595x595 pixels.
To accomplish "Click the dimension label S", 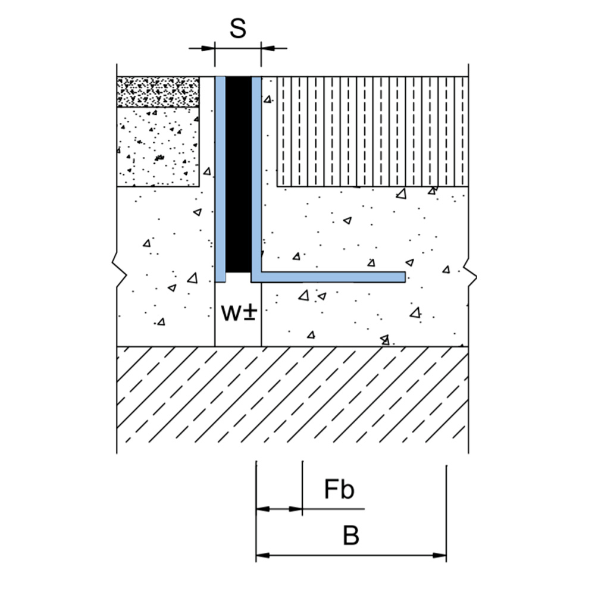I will coord(237,28).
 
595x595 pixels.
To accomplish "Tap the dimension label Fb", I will coord(339,490).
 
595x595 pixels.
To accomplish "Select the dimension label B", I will coord(351,536).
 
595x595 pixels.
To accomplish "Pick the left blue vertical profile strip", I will coord(220,178).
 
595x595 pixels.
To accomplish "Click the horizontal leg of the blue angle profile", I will coord(333,277).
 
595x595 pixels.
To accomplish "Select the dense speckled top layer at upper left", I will coord(158,92).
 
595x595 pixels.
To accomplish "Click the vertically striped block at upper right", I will coord(372,131).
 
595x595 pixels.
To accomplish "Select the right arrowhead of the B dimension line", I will coord(440,556).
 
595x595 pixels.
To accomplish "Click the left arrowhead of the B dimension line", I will coord(263,556).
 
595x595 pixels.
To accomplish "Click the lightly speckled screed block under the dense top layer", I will coord(158,146).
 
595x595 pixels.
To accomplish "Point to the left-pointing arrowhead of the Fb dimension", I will coord(262,509).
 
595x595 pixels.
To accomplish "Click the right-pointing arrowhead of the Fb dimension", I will coord(296,509).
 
